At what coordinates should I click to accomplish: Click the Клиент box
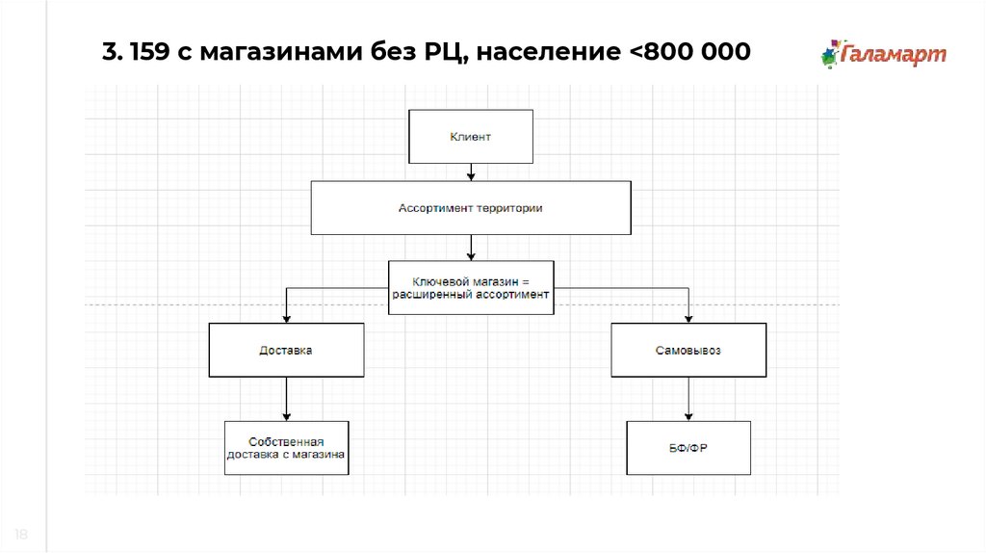[470, 137]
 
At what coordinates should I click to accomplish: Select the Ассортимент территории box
[471, 207]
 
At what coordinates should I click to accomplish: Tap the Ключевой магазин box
[471, 287]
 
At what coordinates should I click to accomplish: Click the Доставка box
[286, 350]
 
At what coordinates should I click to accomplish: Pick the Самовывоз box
[688, 350]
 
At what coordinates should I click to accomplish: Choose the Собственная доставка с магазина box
[286, 447]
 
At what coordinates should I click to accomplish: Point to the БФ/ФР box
[688, 447]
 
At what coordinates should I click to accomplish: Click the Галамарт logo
[884, 53]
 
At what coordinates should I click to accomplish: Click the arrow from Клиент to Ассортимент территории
[471, 172]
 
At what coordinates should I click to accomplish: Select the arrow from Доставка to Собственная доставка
[286, 398]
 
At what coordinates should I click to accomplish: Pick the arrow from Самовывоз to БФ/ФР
[688, 398]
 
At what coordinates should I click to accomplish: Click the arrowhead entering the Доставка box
[286, 318]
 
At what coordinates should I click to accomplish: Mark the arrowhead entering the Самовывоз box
[688, 318]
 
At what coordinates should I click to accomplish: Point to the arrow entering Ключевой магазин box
[471, 249]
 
